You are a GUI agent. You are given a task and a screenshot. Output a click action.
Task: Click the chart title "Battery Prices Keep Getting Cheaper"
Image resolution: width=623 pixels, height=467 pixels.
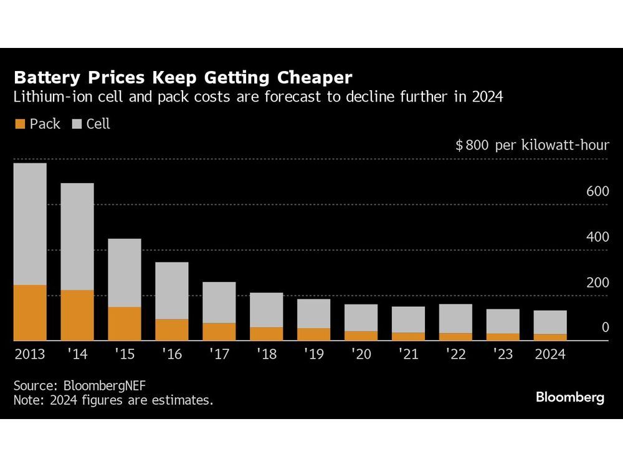(183, 78)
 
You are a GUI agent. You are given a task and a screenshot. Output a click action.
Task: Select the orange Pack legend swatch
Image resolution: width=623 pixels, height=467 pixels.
(20, 124)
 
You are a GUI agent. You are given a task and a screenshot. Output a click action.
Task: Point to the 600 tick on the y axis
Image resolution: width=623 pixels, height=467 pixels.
(597, 192)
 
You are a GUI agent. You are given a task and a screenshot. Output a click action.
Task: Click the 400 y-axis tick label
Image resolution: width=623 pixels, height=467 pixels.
(597, 237)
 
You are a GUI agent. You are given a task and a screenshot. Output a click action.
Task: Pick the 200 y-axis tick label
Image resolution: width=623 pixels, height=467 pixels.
(597, 283)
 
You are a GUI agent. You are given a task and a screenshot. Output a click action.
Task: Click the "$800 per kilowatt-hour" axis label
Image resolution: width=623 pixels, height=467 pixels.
(532, 146)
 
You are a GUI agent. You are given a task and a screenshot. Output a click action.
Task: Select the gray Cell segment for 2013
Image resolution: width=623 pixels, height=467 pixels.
(30, 224)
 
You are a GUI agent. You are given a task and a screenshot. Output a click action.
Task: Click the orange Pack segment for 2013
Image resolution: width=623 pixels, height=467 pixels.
(30, 313)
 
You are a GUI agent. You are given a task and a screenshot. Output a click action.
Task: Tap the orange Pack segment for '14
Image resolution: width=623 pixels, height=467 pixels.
(77, 315)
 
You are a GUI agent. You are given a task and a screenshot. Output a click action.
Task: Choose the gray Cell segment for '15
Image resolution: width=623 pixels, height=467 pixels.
(125, 273)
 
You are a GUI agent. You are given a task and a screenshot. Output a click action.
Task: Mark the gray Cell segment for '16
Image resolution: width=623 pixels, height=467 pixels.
(172, 290)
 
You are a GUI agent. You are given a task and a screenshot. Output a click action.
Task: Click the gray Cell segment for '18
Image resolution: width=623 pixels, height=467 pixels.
(267, 310)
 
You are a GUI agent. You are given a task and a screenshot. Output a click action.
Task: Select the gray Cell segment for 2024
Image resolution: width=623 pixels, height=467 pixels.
(550, 322)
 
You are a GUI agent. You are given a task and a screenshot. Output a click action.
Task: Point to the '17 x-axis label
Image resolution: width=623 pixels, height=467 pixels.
(219, 355)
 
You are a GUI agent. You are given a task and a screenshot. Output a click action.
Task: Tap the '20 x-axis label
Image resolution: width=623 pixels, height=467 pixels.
(361, 355)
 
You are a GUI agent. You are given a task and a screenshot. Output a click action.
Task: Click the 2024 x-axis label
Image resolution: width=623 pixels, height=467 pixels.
(549, 355)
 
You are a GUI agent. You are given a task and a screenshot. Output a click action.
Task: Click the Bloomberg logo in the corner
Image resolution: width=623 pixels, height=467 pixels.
(570, 397)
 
